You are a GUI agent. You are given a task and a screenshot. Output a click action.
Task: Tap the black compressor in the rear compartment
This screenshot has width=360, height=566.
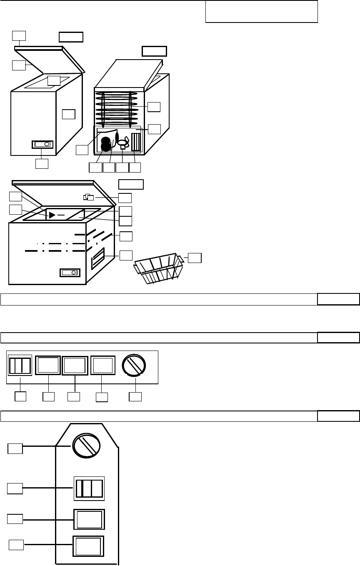(106, 145)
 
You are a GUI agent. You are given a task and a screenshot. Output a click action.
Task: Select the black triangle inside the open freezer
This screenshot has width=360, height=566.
(52, 215)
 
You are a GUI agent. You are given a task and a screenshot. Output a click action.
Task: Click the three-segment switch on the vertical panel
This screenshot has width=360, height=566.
(89, 488)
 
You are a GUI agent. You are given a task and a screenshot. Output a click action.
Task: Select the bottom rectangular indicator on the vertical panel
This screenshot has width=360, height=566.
(88, 546)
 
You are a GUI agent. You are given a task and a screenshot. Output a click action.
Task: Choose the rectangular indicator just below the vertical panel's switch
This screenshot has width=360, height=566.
(89, 519)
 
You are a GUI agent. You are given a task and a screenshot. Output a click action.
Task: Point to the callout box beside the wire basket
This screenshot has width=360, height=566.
(195, 258)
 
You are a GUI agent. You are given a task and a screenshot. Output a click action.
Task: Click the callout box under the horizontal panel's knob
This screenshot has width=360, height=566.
(135, 397)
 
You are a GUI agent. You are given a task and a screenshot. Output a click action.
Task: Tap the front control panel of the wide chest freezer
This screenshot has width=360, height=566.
(69, 273)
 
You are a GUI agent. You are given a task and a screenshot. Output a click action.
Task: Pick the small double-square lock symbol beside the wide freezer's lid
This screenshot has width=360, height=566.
(89, 197)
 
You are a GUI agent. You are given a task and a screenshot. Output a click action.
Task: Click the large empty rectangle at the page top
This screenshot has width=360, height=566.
(262, 11)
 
